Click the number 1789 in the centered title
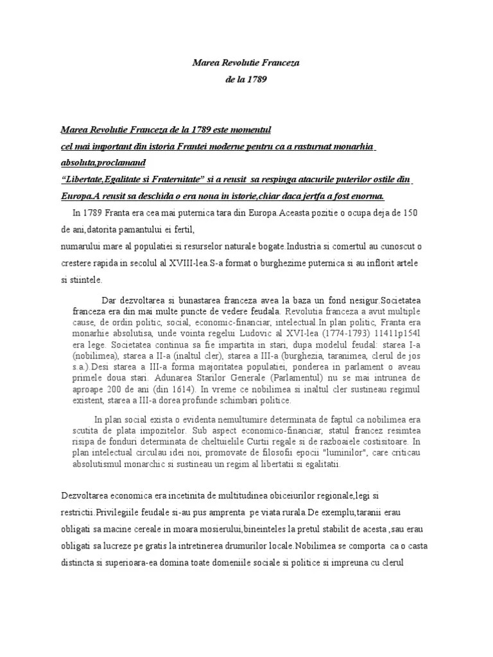click(257, 80)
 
